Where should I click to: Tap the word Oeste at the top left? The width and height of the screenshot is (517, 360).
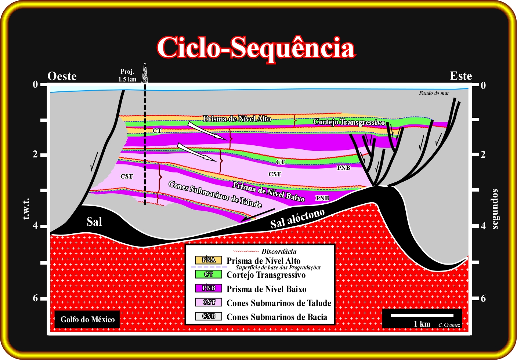62,76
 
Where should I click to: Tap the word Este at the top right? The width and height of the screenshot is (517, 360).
461,76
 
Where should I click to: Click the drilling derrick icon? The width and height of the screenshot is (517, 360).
145,73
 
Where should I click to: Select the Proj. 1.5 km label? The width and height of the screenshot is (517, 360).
127,76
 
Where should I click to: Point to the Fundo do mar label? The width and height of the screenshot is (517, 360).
434,93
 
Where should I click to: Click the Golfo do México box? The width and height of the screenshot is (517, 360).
87,319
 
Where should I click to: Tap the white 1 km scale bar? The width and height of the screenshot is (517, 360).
422,315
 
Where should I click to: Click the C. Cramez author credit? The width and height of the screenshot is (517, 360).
449,325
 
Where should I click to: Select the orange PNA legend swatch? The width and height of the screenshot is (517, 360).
209,260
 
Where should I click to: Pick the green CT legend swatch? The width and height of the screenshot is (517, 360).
209,274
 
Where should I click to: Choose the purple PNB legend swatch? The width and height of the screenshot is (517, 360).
209,288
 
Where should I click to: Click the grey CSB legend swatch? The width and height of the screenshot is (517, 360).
209,316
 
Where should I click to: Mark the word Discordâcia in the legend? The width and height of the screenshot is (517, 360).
279,251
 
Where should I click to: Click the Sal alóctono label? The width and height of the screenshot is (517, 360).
297,219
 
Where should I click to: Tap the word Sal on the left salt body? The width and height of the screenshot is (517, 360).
94,222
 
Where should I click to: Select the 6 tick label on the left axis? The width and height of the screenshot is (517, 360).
35,298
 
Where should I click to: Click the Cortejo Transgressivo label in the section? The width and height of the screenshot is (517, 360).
349,122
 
